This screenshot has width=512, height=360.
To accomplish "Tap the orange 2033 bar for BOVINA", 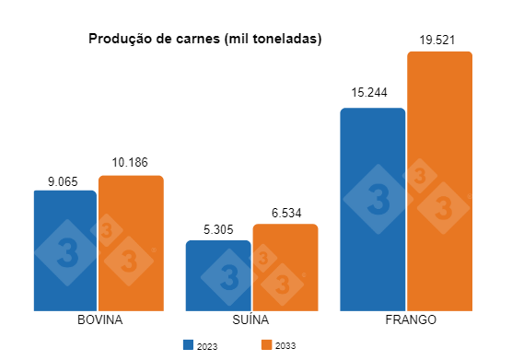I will click(131, 243).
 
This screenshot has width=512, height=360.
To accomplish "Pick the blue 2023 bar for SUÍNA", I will click(217, 276).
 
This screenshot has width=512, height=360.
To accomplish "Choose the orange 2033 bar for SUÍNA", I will click(285, 268).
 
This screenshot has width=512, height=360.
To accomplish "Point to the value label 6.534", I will click(285, 215).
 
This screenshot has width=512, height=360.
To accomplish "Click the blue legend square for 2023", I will click(188, 345).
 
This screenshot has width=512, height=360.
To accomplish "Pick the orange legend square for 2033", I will click(266, 345).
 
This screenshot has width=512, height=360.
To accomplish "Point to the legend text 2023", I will click(207, 346).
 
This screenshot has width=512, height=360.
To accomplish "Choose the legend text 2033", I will click(285, 346).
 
